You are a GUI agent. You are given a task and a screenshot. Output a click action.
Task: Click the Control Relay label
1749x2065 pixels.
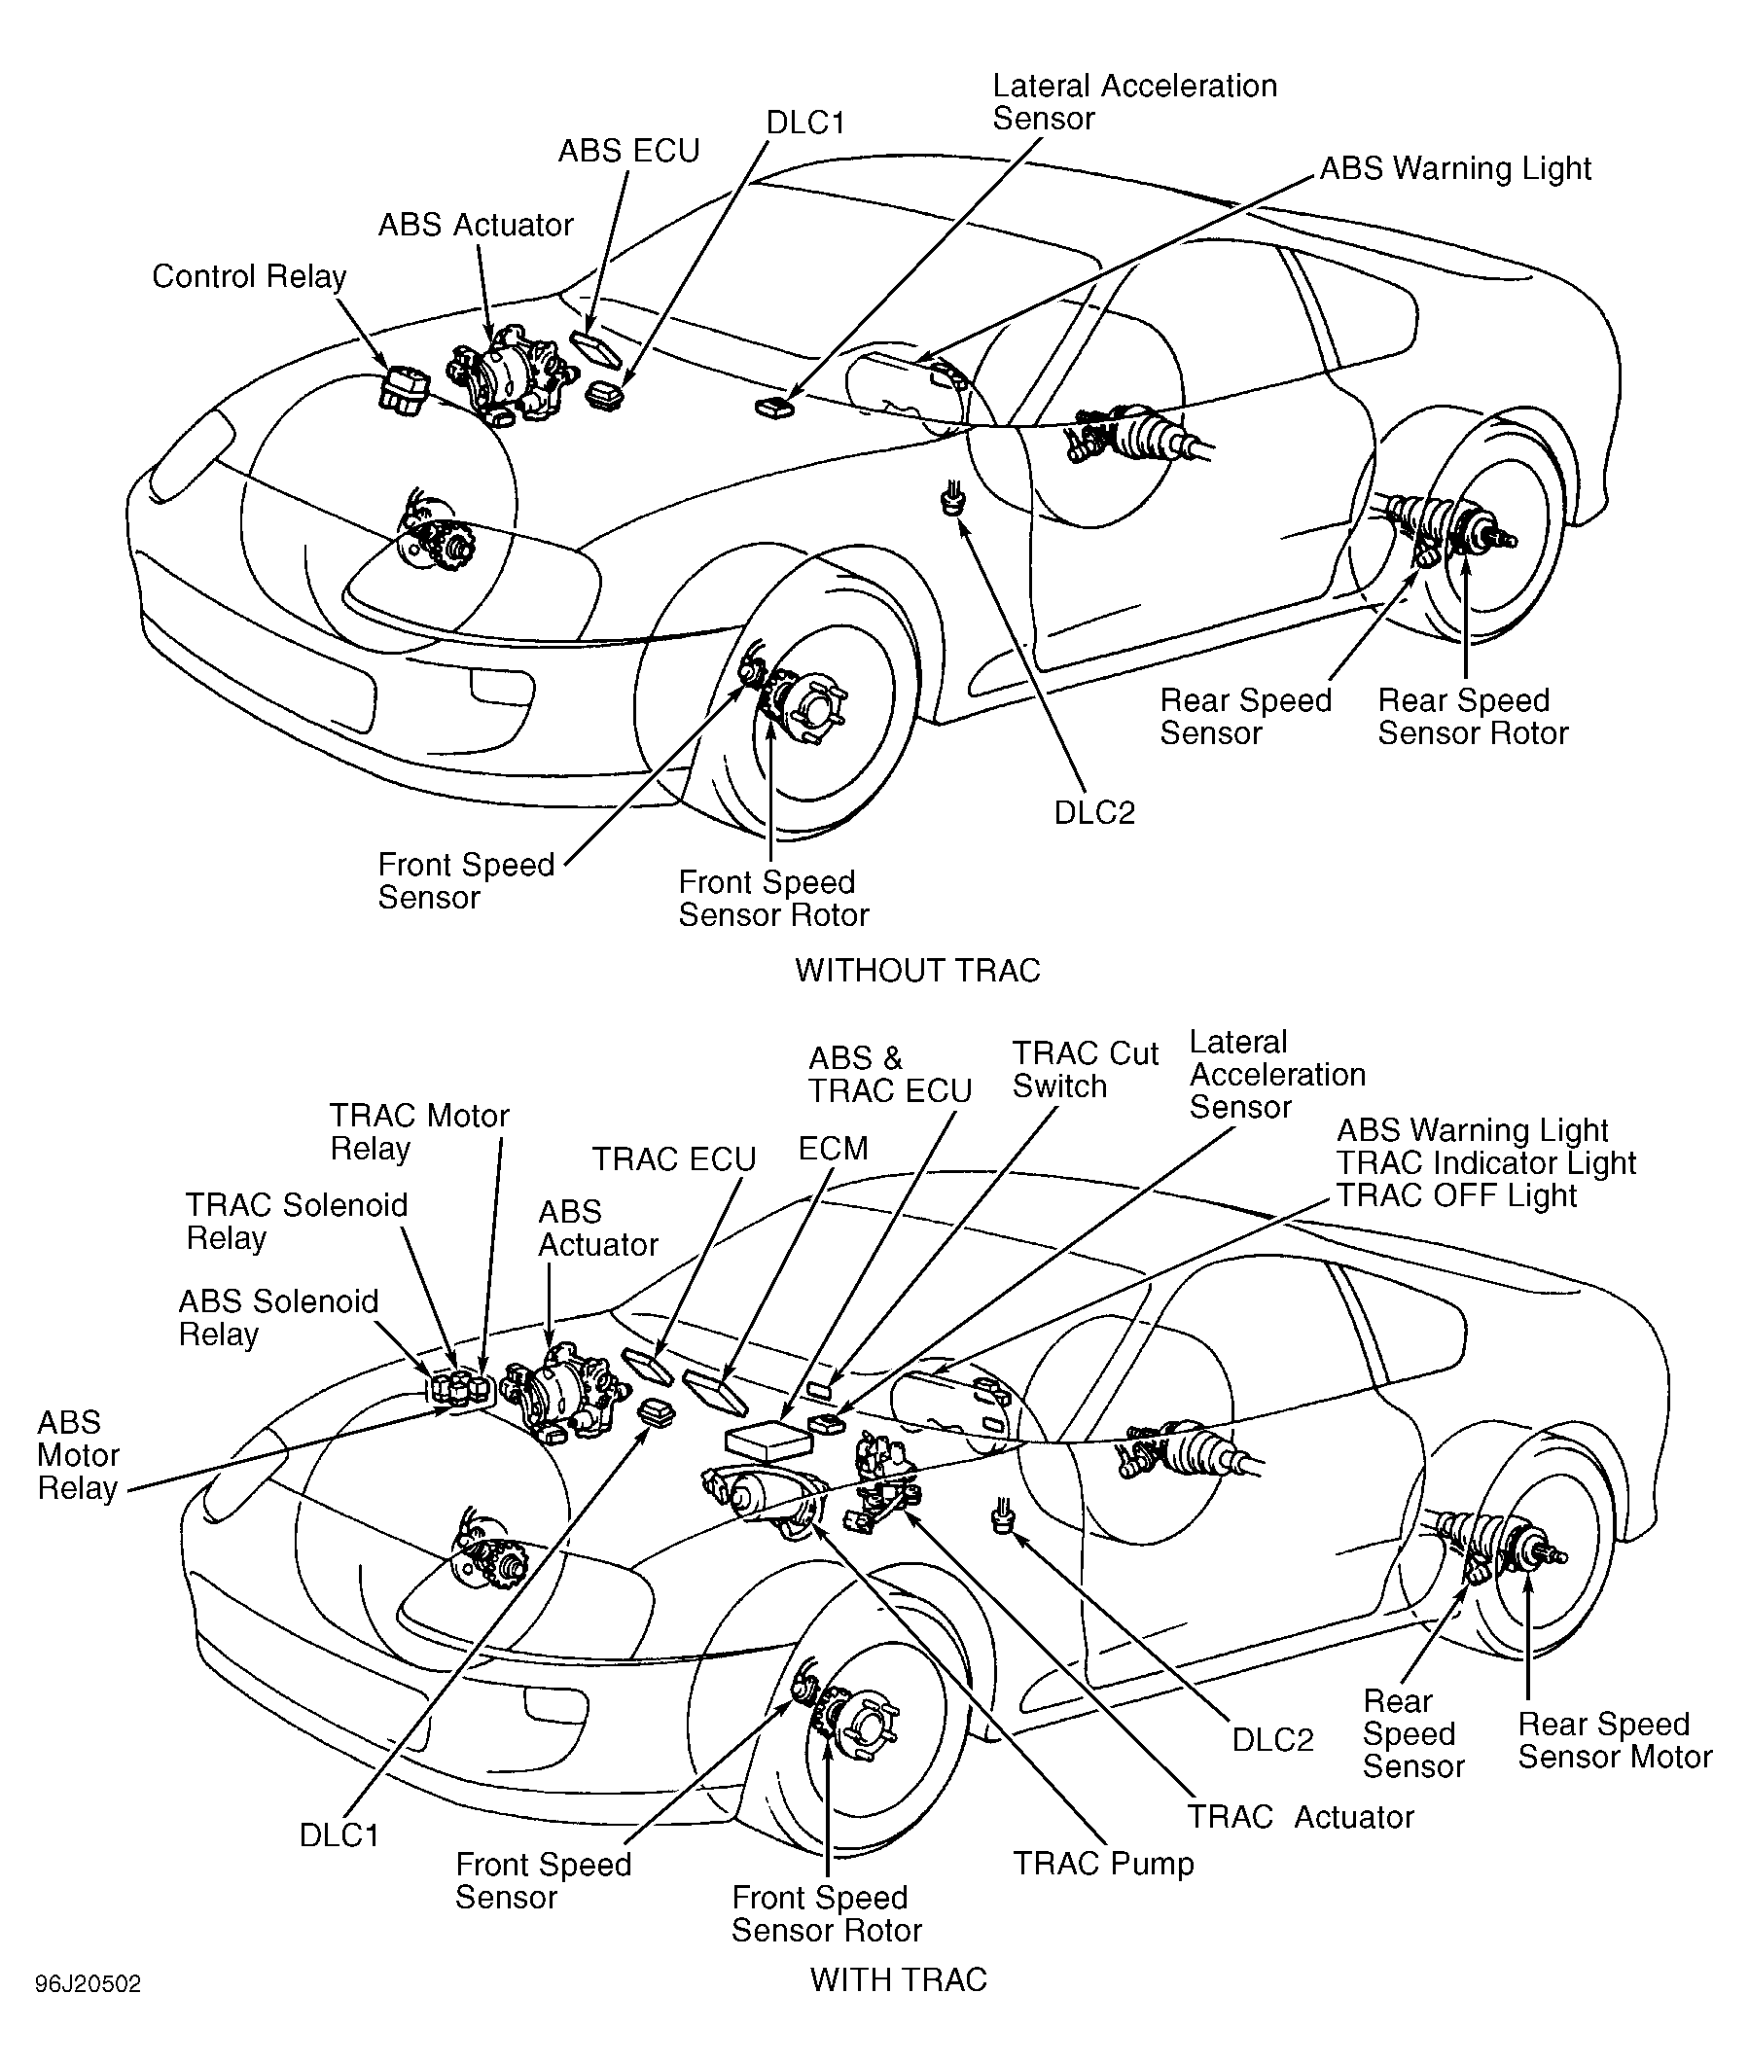(249, 276)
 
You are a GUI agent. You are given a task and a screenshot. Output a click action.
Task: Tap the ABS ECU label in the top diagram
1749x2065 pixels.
(628, 151)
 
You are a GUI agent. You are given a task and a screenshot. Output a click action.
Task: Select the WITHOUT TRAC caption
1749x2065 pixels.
(917, 970)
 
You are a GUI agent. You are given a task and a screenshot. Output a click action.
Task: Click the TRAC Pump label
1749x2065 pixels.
(1102, 1864)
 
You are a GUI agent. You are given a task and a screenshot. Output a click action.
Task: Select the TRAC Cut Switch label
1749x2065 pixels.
(1085, 1070)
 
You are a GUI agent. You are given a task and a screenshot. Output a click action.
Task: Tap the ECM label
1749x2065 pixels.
(833, 1149)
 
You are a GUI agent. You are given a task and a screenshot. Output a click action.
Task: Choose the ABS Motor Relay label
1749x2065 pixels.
(79, 1455)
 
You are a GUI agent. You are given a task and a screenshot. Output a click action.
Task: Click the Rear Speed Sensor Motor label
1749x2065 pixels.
(1615, 1741)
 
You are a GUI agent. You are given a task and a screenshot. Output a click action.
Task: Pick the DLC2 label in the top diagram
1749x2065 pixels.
(1093, 813)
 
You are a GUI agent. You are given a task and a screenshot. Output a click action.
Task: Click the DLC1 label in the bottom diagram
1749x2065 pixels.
(339, 1836)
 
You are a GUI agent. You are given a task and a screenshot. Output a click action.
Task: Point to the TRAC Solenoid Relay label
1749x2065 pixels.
(297, 1222)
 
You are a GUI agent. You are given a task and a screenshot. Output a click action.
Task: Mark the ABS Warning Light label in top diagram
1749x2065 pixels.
(1454, 169)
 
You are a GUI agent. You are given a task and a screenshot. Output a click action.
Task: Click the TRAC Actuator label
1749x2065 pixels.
(1301, 1817)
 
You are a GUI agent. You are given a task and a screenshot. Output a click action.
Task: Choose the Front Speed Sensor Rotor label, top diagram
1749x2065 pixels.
(773, 898)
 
